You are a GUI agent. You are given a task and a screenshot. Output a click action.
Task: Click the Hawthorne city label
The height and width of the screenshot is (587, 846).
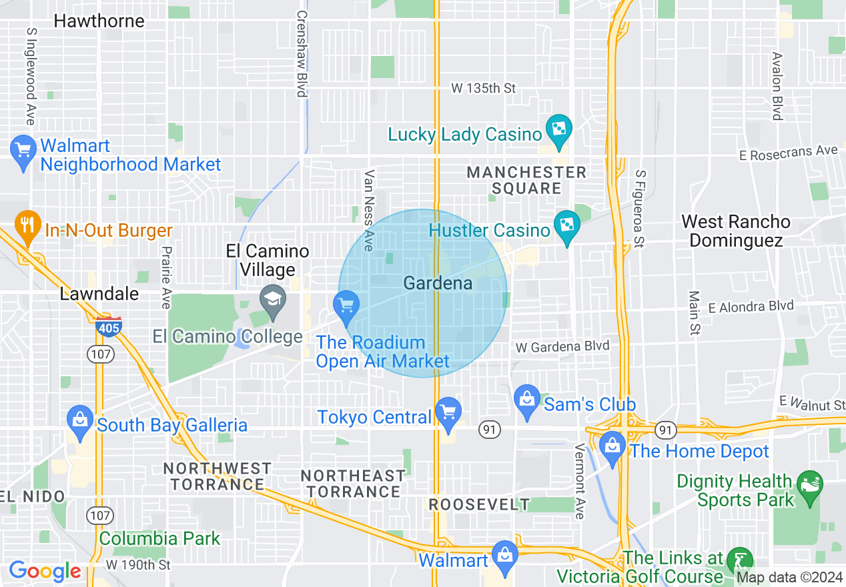click(99, 21)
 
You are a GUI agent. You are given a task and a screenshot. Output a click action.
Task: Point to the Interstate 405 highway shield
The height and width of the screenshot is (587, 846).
click(108, 327)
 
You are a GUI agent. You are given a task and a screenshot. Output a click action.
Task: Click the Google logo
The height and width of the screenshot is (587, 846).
click(45, 571)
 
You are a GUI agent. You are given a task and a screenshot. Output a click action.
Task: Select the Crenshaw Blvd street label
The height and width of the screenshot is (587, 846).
click(302, 53)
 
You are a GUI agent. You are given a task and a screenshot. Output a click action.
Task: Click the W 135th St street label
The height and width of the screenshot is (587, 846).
click(483, 88)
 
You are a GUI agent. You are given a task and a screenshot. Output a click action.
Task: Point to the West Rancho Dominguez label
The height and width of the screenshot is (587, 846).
click(736, 231)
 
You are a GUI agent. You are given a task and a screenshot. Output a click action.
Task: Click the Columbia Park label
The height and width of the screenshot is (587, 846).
click(159, 538)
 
